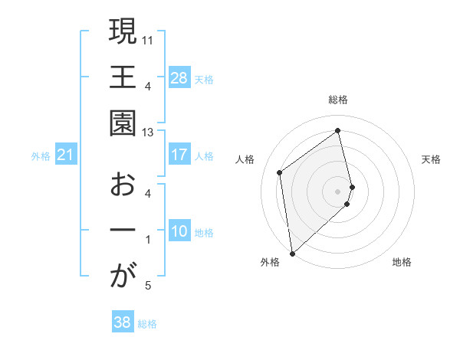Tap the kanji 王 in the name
[x=123, y=78]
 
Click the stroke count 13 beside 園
[x=149, y=132]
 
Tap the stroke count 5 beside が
[x=148, y=286]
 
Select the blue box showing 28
[x=179, y=78]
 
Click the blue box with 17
[x=179, y=155]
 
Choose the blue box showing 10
[x=179, y=232]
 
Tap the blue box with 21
[x=65, y=155]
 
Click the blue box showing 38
[x=123, y=323]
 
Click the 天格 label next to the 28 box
[x=204, y=79]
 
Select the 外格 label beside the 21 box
[x=41, y=156]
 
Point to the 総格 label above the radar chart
[x=338, y=100]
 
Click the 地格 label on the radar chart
[x=402, y=263]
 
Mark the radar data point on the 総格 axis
[x=338, y=130]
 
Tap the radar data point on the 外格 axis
[x=292, y=253]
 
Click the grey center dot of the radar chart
[x=338, y=190]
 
